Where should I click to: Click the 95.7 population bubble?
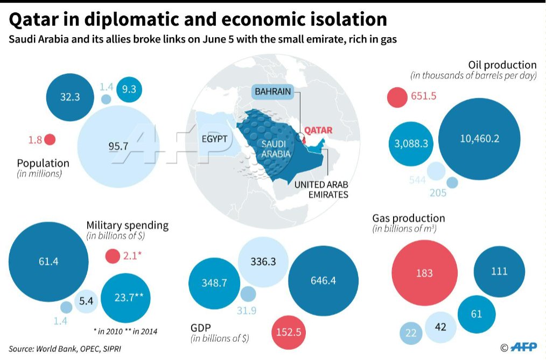118,146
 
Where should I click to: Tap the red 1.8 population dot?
50,139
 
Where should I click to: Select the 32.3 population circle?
70,97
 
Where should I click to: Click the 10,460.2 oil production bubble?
479,139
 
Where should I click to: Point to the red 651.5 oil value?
423,96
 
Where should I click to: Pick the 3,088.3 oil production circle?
411,144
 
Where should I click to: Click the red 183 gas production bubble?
424,273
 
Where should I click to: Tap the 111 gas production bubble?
499,271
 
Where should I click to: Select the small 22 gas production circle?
411,333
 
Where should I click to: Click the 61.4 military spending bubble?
48,262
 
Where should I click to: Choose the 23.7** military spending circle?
125,298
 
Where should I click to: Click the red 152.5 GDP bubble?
289,332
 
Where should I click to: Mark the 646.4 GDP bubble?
323,281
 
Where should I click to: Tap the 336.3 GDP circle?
263,262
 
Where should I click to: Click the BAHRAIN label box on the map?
272,91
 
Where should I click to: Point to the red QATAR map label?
318,130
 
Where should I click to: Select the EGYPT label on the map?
214,139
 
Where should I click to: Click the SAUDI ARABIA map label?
276,149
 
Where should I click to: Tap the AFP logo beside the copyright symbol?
524,347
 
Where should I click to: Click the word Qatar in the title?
33,19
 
